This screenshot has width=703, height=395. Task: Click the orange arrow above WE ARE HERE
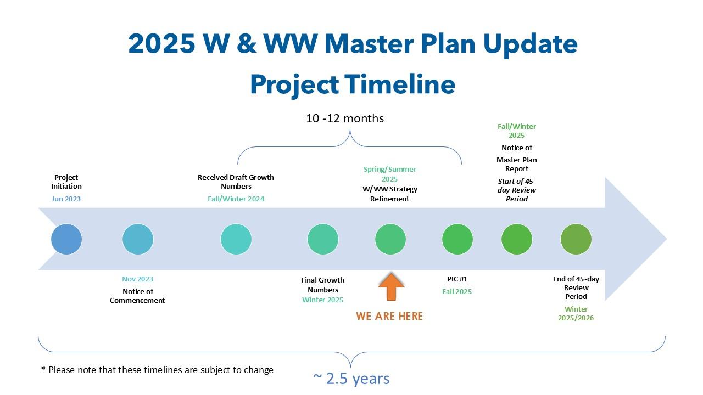click(391, 287)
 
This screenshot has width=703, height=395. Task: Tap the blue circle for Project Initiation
click(66, 239)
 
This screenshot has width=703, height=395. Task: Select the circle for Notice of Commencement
click(138, 239)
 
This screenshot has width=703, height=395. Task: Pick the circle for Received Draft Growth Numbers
click(236, 239)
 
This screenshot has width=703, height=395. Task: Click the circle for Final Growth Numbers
click(322, 239)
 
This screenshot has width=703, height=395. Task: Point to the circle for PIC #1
click(457, 239)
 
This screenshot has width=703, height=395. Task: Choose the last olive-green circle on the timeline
click(576, 239)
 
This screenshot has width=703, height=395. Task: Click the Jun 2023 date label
click(66, 199)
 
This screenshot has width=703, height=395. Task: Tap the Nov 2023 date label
click(137, 279)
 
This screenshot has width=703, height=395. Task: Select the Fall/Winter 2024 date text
click(236, 199)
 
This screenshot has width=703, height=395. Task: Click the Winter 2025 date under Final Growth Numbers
click(322, 300)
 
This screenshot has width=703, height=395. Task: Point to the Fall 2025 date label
click(457, 291)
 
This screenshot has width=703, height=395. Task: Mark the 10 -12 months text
click(345, 118)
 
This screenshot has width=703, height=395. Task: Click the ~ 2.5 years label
click(351, 379)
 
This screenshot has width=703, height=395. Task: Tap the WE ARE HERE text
click(389, 316)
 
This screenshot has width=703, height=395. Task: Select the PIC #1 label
click(457, 279)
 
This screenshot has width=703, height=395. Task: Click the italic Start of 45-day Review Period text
click(517, 190)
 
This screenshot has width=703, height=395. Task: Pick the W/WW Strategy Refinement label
click(390, 194)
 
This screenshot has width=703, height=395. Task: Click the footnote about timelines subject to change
click(157, 370)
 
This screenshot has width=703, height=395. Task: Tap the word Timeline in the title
click(400, 84)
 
